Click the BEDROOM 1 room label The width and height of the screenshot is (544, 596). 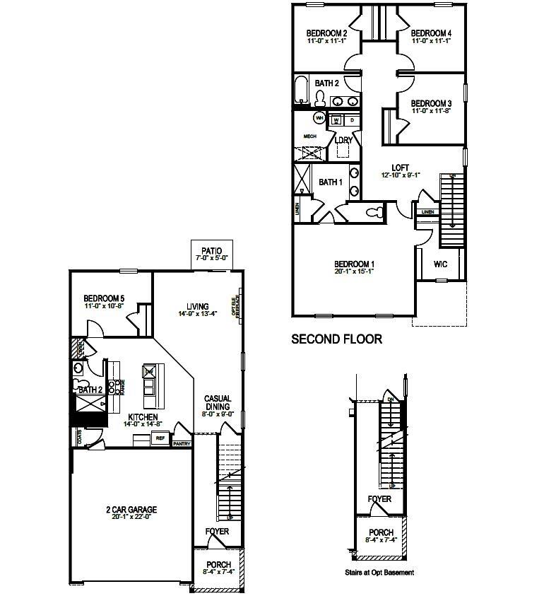pos(354,264)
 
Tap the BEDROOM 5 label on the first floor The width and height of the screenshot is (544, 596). pos(105,298)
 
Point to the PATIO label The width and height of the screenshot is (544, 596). pos(211,250)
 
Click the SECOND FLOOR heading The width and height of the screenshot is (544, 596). pos(337,339)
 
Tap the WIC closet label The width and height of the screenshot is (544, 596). pos(440,264)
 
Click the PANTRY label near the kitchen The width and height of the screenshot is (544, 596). pos(182,444)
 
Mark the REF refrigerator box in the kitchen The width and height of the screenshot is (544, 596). pos(160,438)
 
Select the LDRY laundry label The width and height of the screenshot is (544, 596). pos(343,140)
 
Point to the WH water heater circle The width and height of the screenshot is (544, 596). pos(319,118)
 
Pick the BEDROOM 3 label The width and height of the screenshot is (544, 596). pos(430,103)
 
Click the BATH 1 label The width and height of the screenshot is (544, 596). pos(329,182)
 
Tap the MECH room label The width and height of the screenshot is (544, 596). pos(309,136)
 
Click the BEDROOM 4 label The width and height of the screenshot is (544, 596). pos(430,33)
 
